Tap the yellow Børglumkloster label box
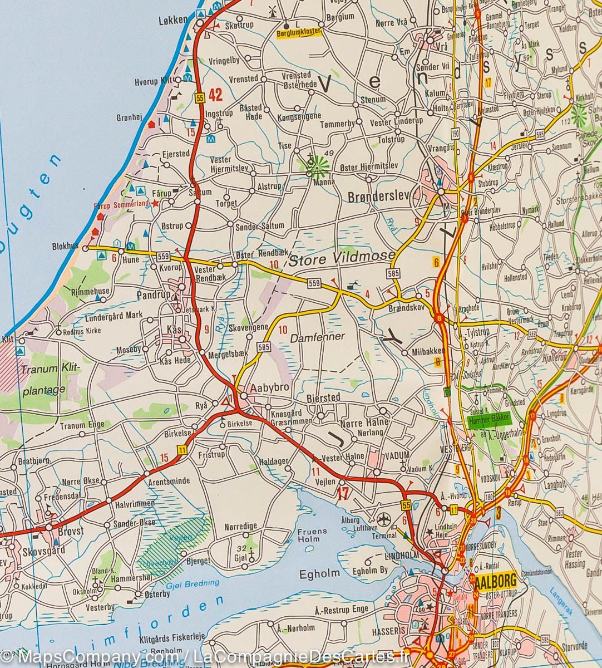299,33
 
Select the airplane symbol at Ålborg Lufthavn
383,519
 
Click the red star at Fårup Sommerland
155,204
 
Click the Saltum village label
200,193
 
